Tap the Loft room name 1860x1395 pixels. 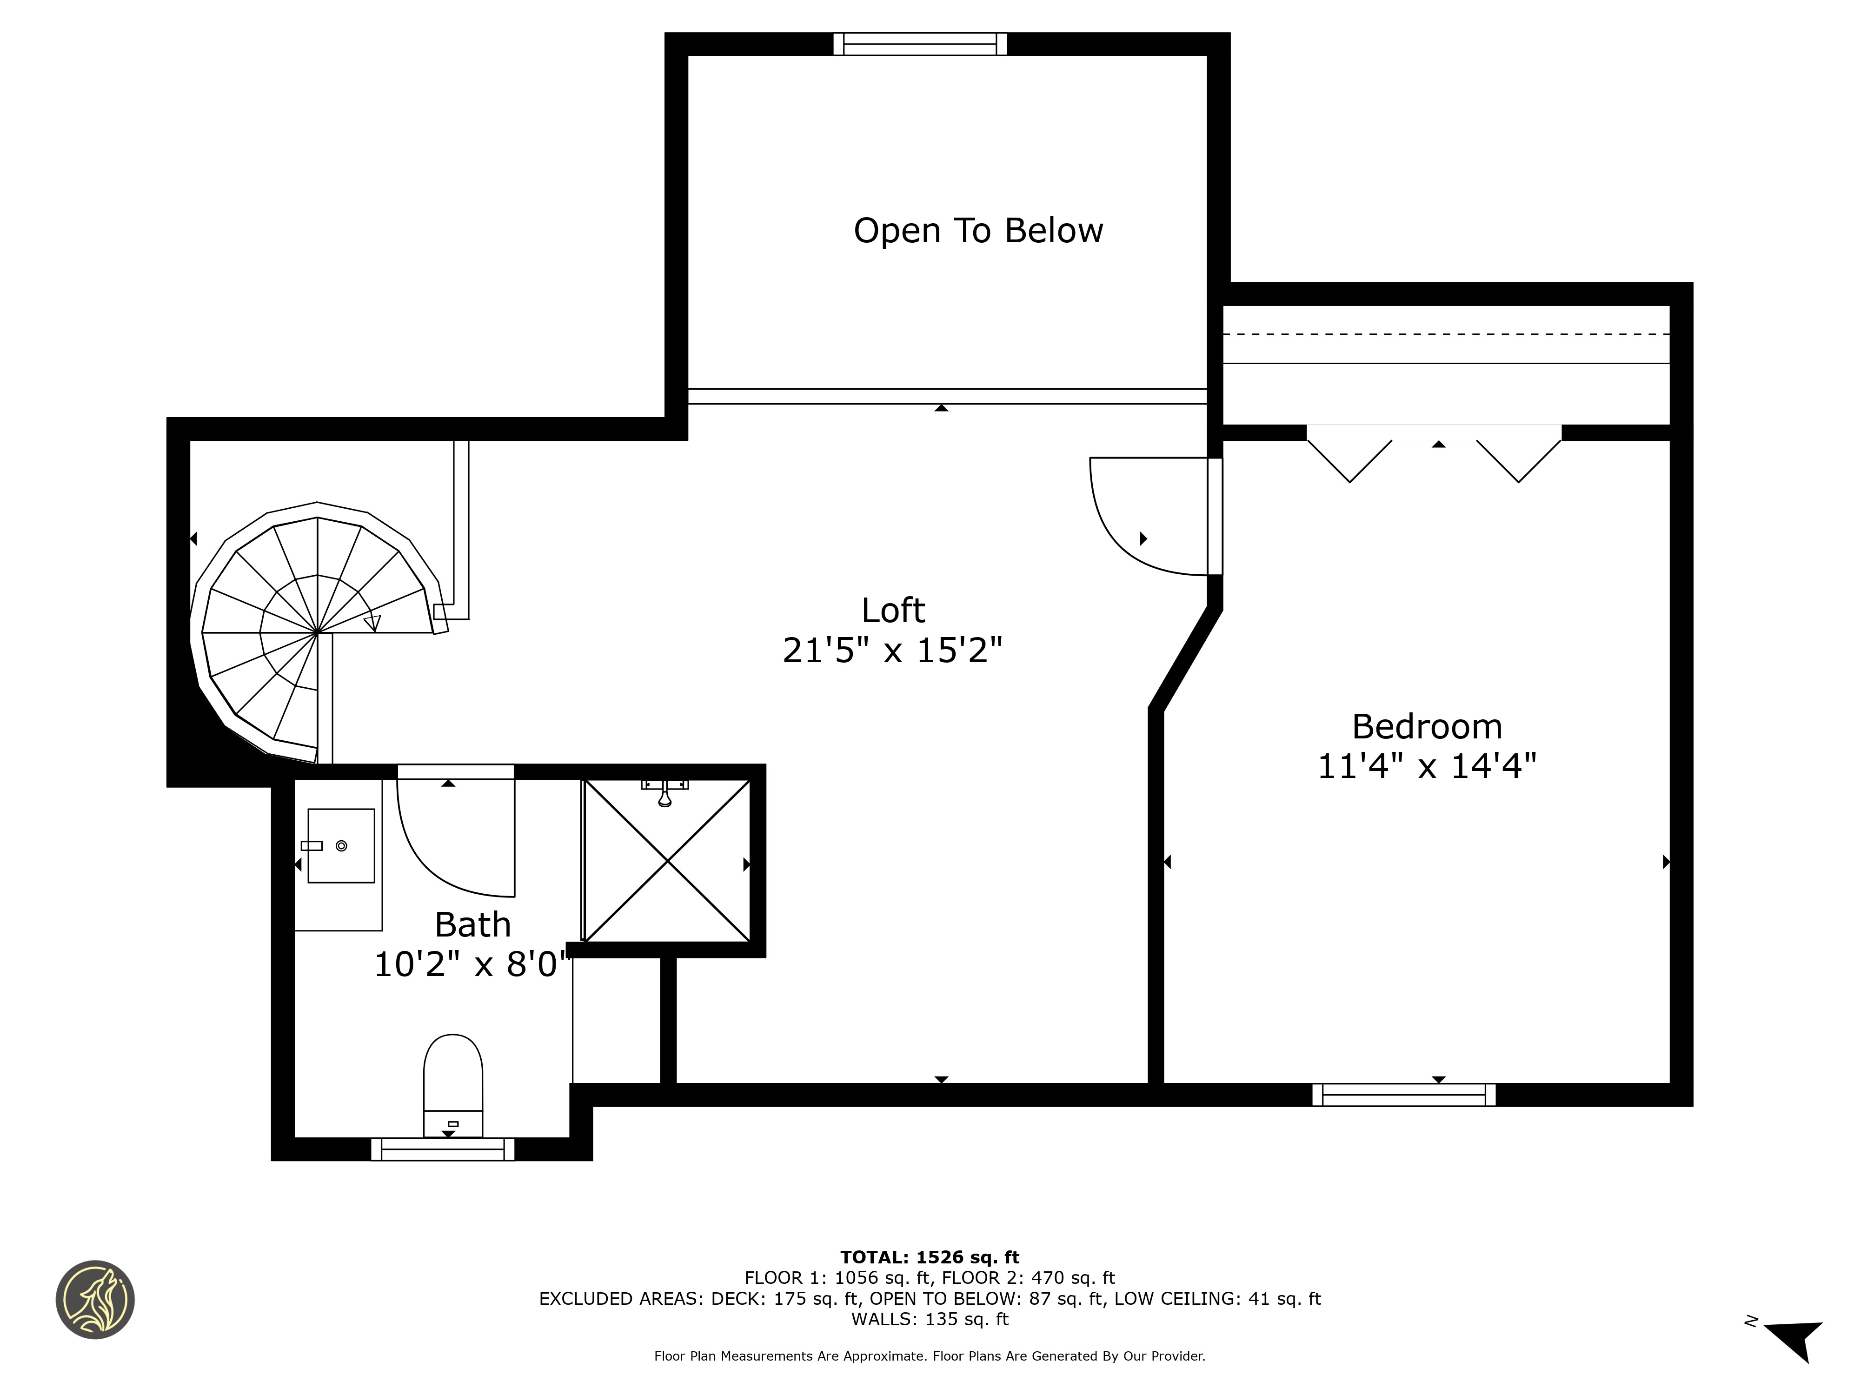coord(893,611)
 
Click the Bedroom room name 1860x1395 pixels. coord(1427,726)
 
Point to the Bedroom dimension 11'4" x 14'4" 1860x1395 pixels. coord(1427,766)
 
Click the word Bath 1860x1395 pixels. coord(472,925)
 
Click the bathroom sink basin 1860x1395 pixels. coord(340,845)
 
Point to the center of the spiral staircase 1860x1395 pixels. coord(317,632)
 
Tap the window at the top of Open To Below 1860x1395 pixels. coord(920,44)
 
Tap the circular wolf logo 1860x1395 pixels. coord(95,1299)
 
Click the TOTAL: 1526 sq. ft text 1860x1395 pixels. coord(930,1257)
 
